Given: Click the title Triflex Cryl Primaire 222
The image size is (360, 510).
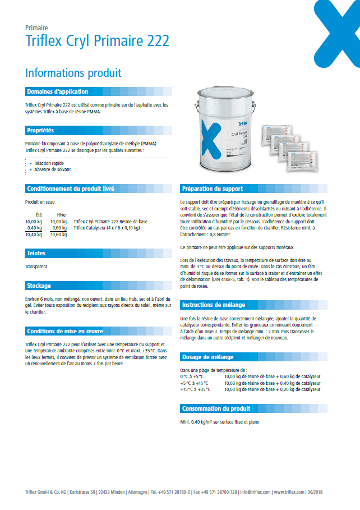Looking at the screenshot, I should [98, 41].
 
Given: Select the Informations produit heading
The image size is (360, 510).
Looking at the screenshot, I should [73, 73].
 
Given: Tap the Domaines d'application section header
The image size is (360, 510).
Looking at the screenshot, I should [57, 91].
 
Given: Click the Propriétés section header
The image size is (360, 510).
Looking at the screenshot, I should [40, 130].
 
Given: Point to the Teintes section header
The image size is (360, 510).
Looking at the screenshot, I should [36, 254].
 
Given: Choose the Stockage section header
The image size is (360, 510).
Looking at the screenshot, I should [39, 286].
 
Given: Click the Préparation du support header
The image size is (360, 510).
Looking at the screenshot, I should [212, 189].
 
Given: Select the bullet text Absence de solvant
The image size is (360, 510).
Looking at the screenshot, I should [52, 169].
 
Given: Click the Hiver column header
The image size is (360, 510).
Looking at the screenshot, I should [62, 215].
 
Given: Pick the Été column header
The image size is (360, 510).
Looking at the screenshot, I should [38, 215].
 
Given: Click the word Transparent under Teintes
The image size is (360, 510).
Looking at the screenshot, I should [36, 267].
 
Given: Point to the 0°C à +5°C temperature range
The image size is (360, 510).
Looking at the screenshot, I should [192, 376].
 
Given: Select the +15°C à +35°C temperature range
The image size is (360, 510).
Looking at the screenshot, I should [195, 389].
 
